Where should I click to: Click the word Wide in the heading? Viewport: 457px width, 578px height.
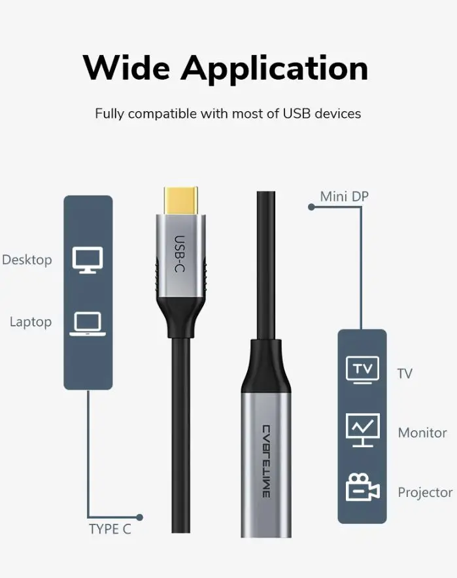[x=126, y=68]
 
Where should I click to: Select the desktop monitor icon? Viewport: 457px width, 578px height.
[x=88, y=260]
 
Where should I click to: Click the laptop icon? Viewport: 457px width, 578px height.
[x=88, y=324]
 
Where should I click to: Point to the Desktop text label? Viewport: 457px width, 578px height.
[x=27, y=260]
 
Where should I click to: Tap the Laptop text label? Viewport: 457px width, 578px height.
[x=31, y=322]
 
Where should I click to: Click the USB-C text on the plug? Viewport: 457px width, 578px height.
[x=179, y=254]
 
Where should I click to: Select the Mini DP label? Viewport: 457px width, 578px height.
[x=345, y=196]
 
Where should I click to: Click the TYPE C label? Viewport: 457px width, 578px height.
[x=110, y=530]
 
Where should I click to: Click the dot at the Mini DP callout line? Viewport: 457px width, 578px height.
[x=311, y=207]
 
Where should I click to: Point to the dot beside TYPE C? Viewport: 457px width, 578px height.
[x=139, y=517]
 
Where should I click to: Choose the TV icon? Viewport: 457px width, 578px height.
[x=363, y=369]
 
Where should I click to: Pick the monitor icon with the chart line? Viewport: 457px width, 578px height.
[x=363, y=430]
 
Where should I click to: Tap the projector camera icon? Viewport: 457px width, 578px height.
[x=363, y=487]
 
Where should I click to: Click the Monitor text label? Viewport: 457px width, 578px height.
[x=422, y=433]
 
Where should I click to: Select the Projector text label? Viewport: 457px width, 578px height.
[x=426, y=492]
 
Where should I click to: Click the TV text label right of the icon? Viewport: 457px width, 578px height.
[x=405, y=373]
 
